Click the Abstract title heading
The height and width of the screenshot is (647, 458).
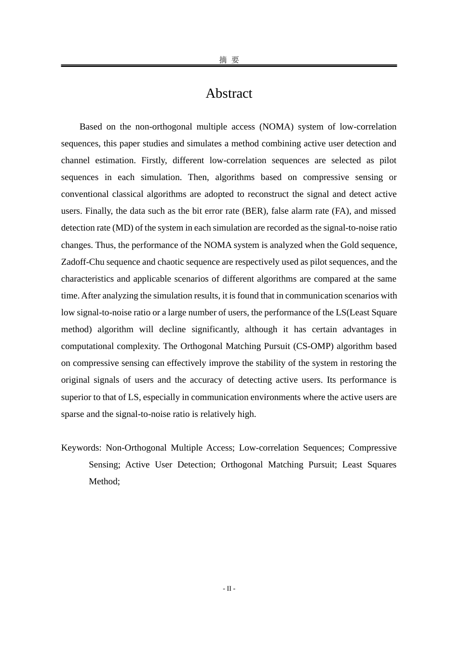[x=229, y=93]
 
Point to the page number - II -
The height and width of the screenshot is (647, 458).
[x=229, y=588]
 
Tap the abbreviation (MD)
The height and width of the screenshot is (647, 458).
[x=122, y=228]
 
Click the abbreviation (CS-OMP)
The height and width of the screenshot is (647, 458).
[x=313, y=346]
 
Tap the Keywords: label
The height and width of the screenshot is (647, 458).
[x=81, y=448]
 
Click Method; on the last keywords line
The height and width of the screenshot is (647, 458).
[x=104, y=481]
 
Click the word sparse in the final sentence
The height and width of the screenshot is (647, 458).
[x=73, y=414]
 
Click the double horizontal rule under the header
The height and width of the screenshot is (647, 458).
[x=229, y=65]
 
